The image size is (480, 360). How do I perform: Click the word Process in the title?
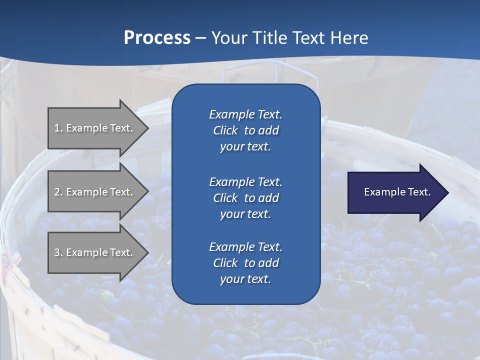[157, 38]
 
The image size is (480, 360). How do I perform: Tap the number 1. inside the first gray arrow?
[58, 128]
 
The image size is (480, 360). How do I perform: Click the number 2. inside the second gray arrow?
[58, 192]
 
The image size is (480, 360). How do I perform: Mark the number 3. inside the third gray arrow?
[58, 252]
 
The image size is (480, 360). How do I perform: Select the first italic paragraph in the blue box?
[245, 130]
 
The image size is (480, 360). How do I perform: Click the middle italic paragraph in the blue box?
[245, 197]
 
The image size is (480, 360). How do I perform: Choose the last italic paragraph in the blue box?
[245, 263]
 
